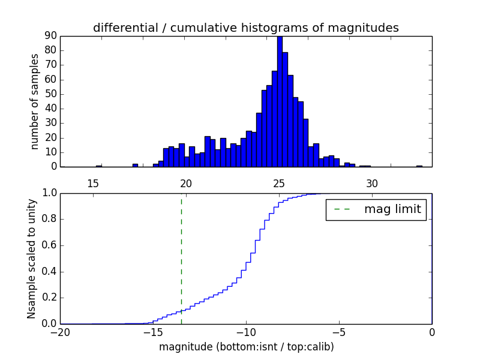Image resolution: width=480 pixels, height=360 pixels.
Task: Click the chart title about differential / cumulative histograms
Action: [245, 28]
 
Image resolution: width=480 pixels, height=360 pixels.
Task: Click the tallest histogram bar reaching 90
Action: [280, 102]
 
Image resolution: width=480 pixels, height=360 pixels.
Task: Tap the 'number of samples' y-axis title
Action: [35, 101]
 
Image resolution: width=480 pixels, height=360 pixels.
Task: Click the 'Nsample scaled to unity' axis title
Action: [31, 258]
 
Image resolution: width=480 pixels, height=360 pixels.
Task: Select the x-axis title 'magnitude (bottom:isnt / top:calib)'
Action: [246, 347]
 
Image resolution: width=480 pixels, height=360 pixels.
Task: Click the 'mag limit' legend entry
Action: [376, 209]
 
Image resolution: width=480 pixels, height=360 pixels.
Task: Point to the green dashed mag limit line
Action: [181, 258]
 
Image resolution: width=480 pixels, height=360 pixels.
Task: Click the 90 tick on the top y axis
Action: [50, 36]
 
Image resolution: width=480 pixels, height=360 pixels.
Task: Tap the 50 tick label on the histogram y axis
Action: [50, 94]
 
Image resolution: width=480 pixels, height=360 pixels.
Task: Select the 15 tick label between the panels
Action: [93, 183]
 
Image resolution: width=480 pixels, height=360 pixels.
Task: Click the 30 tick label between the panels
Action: [372, 183]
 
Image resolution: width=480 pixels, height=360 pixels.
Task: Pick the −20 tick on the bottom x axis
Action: [60, 332]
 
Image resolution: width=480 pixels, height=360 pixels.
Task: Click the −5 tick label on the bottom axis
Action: [339, 332]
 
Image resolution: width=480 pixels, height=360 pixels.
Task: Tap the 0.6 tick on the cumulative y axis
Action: [48, 245]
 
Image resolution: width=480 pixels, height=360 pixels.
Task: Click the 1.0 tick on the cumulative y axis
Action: [48, 193]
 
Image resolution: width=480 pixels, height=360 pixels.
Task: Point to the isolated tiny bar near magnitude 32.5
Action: [419, 166]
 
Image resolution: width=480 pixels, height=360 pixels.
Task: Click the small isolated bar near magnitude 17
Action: [135, 165]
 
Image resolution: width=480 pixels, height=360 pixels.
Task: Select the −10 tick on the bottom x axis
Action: [246, 332]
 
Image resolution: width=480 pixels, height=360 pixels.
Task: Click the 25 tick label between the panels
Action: [279, 183]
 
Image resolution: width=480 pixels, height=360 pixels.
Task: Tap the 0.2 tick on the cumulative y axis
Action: [48, 298]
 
